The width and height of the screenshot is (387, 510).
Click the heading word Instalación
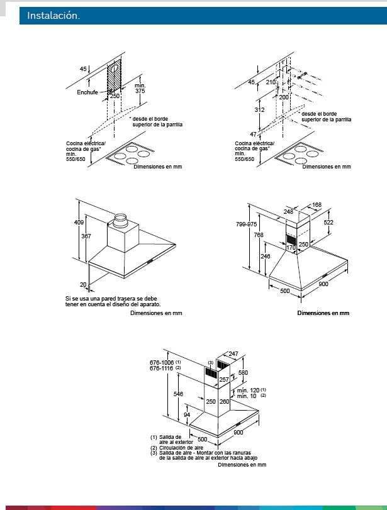point(53,15)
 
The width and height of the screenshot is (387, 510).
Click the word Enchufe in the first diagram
point(87,92)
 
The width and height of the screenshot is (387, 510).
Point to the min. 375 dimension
point(140,88)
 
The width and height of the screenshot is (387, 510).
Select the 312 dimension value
point(259,109)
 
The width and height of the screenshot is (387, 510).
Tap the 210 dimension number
point(271,82)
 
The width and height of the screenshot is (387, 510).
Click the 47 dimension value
point(253,134)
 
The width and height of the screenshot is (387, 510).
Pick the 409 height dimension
point(79,222)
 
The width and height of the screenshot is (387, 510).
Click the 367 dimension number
point(86,236)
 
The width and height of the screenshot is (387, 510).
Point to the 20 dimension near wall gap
point(83,285)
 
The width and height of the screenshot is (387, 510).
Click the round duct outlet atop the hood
point(120,221)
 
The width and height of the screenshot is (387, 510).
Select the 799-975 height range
point(247,224)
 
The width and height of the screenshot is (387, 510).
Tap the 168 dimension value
point(317,204)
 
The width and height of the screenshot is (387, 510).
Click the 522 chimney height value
point(328,222)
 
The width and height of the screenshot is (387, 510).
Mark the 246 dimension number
point(266,257)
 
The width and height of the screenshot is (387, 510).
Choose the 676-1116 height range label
point(162,368)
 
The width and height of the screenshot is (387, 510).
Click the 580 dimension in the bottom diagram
point(243,372)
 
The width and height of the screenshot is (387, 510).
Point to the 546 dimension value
point(178,394)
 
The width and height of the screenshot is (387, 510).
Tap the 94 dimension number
point(186,414)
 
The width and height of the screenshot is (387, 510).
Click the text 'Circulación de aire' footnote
point(181,448)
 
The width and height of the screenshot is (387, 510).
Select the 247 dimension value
point(233,353)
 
